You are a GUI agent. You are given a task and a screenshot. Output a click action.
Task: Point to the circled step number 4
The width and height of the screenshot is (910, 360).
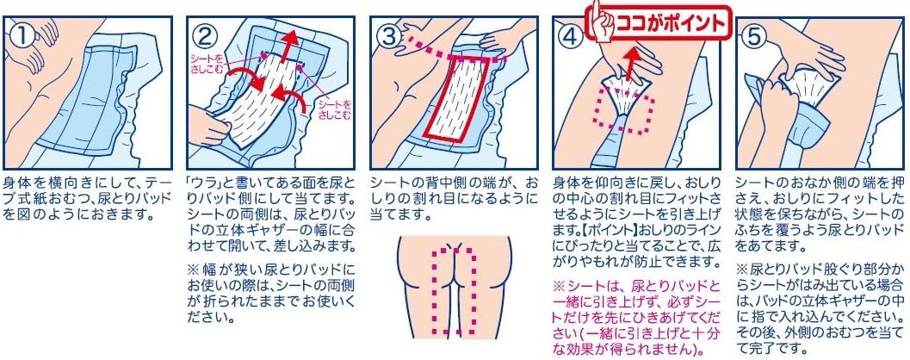point(572,35)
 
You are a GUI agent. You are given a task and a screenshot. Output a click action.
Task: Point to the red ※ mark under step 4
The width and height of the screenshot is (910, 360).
point(560,285)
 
